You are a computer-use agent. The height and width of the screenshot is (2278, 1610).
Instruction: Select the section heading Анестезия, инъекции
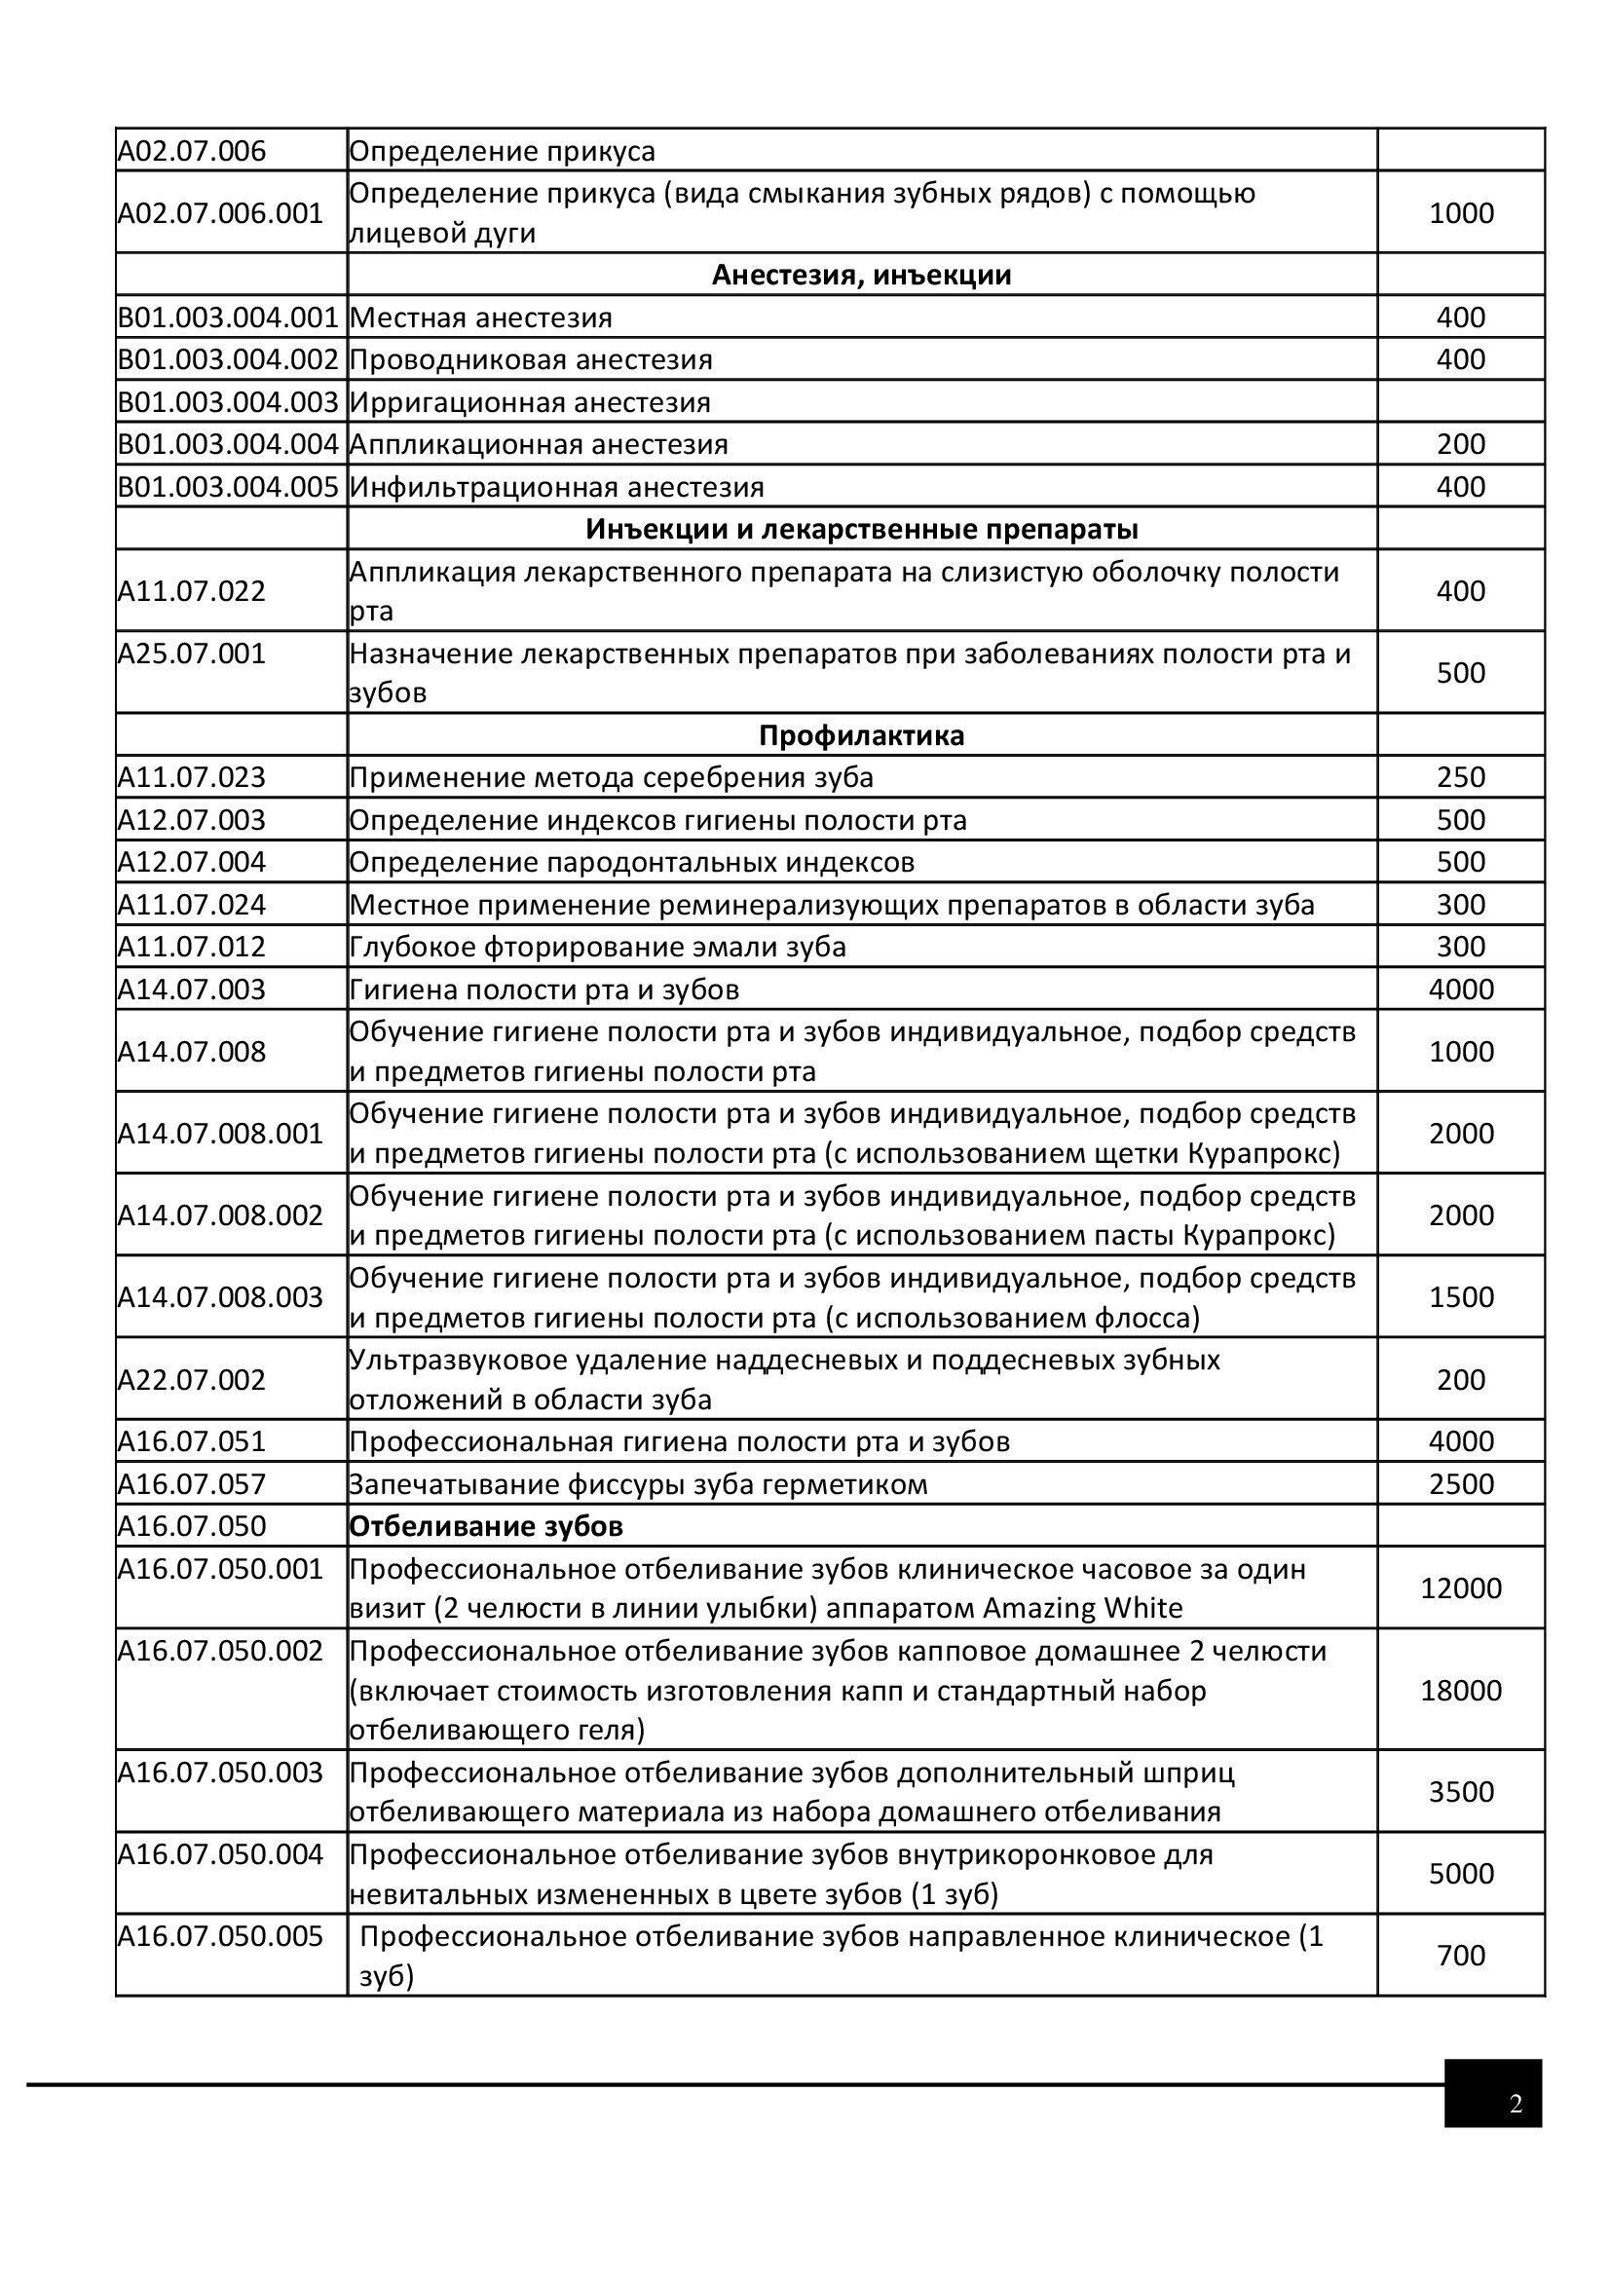click(x=861, y=275)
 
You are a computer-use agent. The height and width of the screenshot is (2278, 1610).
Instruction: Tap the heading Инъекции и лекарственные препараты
click(x=861, y=529)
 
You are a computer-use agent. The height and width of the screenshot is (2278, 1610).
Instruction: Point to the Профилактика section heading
click(x=861, y=735)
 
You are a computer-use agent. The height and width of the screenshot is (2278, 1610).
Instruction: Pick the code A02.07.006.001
click(x=220, y=213)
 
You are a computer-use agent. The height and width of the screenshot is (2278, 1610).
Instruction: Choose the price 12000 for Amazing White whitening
click(x=1460, y=1587)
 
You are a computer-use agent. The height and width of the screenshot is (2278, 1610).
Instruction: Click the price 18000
click(x=1460, y=1690)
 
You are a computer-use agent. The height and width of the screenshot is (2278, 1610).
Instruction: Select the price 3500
click(x=1460, y=1791)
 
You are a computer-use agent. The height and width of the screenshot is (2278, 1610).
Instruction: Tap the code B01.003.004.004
click(x=228, y=443)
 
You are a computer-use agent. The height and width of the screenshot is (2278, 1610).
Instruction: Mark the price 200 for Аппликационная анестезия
click(x=1460, y=443)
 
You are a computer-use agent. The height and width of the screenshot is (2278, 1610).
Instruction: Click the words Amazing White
click(x=1082, y=1607)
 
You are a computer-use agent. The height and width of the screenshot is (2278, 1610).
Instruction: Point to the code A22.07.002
click(x=192, y=1379)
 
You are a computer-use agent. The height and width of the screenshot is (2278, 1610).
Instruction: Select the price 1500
click(x=1460, y=1296)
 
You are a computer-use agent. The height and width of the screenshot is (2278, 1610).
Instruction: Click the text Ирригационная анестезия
click(x=530, y=402)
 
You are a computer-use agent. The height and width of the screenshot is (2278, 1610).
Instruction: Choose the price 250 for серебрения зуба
click(x=1460, y=777)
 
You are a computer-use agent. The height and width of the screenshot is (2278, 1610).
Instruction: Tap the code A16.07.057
click(x=192, y=1483)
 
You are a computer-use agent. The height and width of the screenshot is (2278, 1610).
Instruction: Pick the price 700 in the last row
click(x=1460, y=1955)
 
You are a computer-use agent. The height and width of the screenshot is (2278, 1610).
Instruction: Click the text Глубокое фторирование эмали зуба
click(x=597, y=947)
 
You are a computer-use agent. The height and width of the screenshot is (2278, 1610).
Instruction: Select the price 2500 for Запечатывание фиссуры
click(x=1460, y=1483)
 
